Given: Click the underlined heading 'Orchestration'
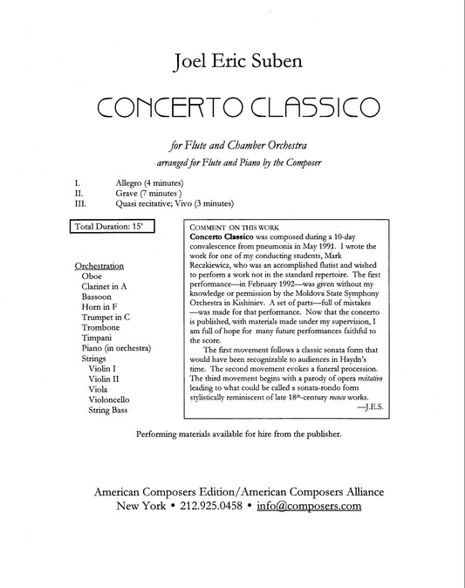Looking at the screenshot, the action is click(99, 265).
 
